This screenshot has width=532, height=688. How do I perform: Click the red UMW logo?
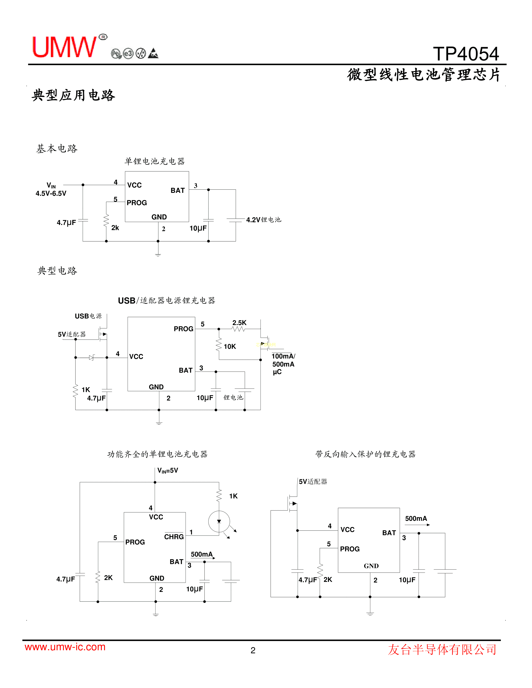65,47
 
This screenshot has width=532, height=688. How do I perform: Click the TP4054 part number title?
466,54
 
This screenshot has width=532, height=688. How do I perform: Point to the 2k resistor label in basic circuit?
115,228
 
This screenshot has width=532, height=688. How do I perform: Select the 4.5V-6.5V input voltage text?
51,193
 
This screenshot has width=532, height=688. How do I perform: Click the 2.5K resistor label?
239,323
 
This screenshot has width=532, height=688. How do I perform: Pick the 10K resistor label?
230,347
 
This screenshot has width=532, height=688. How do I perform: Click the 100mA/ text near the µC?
283,356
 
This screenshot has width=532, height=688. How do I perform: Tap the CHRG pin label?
174,537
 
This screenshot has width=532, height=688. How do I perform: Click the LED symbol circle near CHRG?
219,521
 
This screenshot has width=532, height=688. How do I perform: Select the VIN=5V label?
168,470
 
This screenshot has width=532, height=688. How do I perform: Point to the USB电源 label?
88,316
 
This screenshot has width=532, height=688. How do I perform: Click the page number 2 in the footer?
253,650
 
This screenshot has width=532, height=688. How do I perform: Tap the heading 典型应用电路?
73,95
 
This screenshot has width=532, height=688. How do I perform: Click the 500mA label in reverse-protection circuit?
416,519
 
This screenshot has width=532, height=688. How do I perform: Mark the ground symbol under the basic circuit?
158,254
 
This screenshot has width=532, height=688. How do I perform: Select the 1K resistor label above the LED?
233,496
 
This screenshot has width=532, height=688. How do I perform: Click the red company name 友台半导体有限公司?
442,650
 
